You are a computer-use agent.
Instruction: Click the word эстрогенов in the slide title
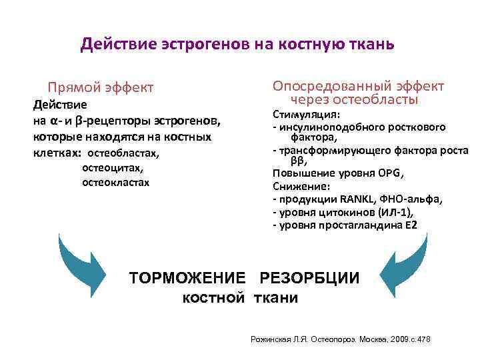coord(204,45)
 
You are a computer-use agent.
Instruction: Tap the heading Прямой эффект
coord(100,87)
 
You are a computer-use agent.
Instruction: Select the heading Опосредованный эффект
coord(358,86)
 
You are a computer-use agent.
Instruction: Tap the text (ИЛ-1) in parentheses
coord(395,212)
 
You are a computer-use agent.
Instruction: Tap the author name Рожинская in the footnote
coord(270,339)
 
